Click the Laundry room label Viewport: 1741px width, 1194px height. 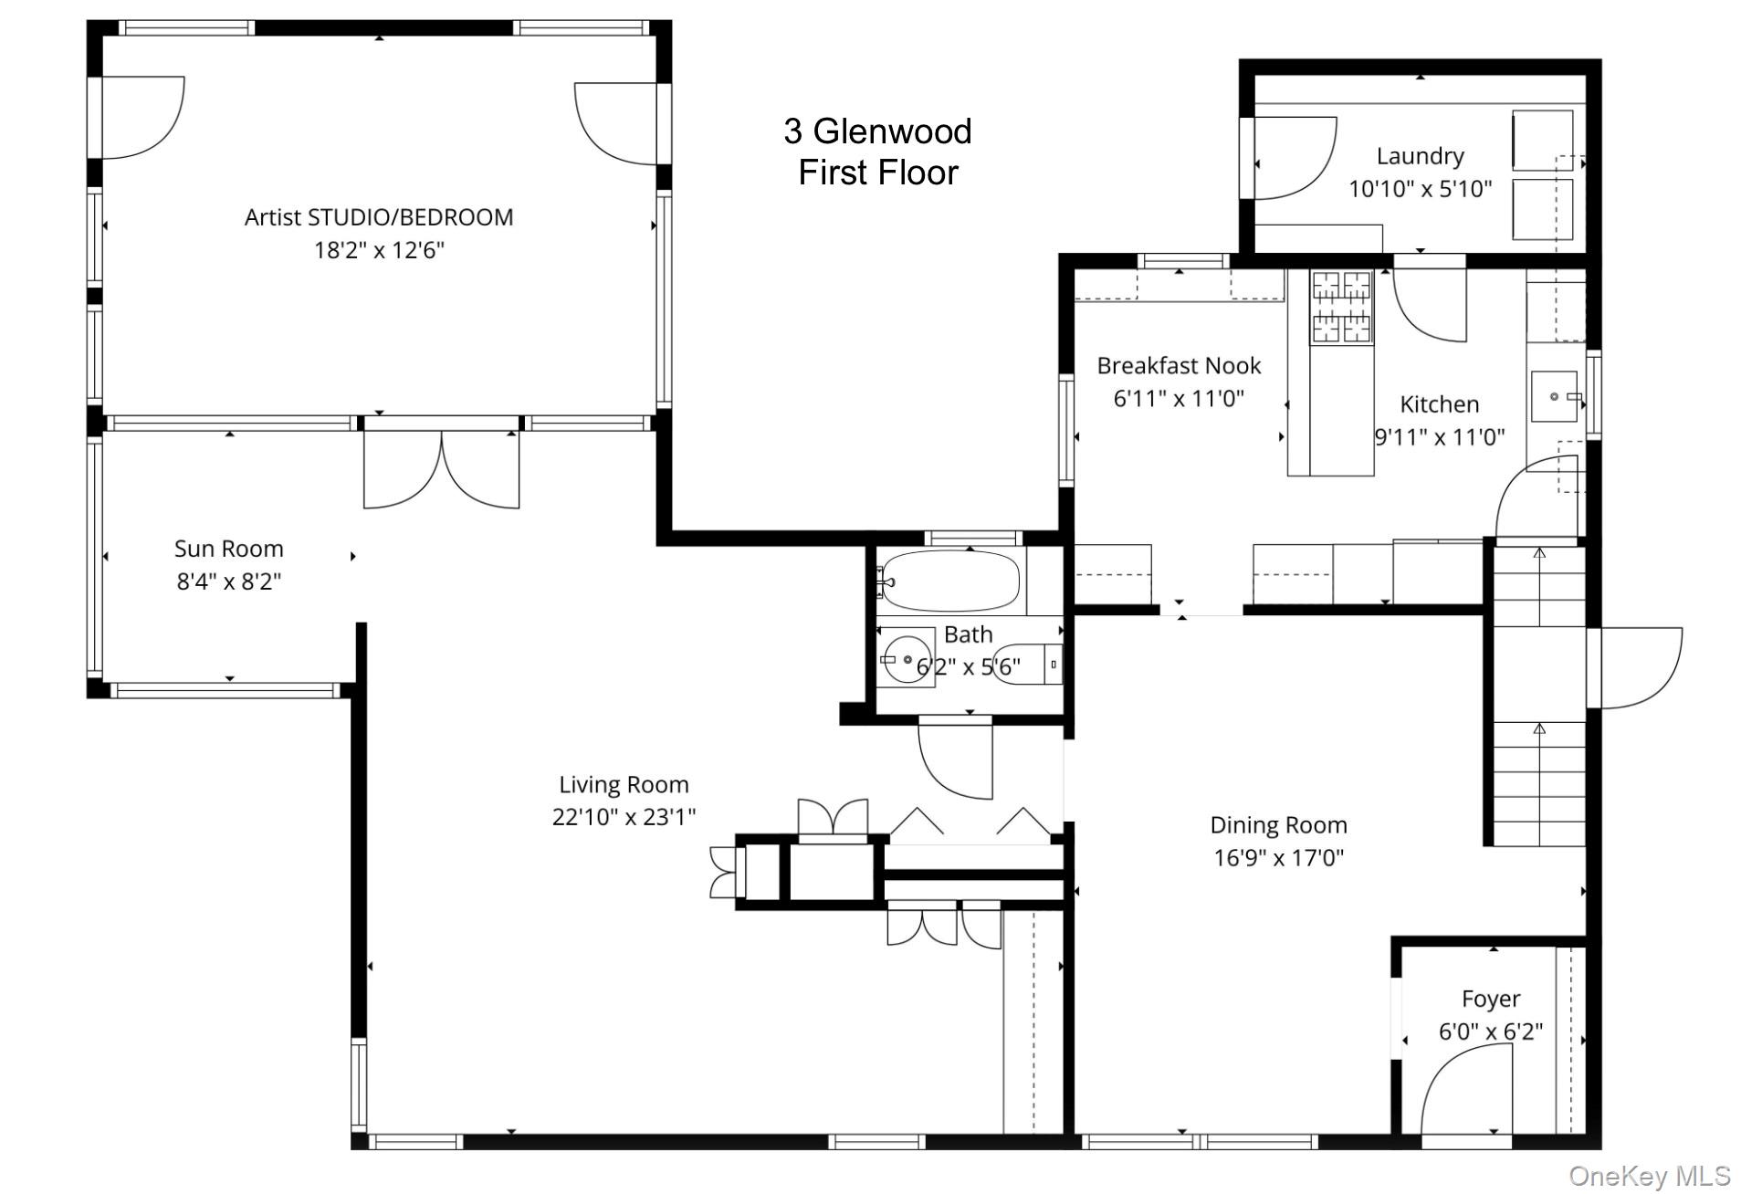click(1420, 156)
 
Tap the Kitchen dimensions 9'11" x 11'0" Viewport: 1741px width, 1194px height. click(1439, 437)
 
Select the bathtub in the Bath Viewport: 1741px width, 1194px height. click(952, 581)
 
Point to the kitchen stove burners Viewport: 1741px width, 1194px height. click(1341, 307)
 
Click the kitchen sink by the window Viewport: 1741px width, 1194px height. click(1554, 396)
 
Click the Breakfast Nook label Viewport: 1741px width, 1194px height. click(1179, 366)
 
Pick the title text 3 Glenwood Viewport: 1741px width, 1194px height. click(877, 131)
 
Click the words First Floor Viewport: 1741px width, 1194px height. click(877, 173)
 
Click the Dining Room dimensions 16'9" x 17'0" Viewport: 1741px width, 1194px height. click(1278, 858)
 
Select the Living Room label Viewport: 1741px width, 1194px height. click(624, 784)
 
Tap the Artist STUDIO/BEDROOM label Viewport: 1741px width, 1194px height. click(379, 217)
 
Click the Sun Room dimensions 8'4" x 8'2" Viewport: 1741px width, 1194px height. click(228, 581)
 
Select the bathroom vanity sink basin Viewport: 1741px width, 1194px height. click(907, 658)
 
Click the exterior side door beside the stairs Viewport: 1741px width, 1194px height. click(1636, 667)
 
